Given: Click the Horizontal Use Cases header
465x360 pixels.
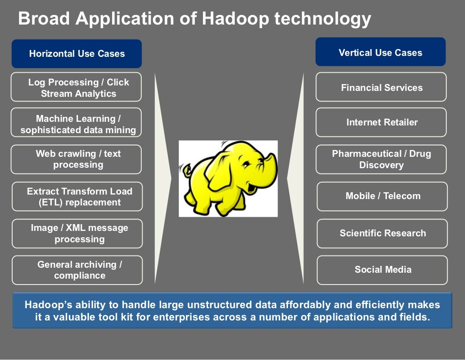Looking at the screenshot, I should [76, 54].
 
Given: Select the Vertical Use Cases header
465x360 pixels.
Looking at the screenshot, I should [380, 53].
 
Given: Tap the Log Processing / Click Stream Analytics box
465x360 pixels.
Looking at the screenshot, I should [76, 87].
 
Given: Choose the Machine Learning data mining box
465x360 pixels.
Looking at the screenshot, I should [76, 124].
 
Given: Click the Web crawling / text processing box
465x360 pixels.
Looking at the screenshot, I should [76, 159].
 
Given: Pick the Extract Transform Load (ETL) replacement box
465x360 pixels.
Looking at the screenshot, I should [77, 196].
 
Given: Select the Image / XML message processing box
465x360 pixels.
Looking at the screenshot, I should [77, 233].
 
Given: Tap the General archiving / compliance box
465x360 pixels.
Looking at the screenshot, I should [77, 270].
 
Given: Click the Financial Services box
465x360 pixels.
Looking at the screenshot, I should [381, 87].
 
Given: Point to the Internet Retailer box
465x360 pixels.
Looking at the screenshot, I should [381, 122].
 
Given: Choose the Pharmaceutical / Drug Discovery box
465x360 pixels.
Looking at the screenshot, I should [381, 159].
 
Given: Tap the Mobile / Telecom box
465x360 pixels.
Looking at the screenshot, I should [382, 196].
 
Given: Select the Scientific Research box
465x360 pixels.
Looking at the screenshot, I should [382, 233].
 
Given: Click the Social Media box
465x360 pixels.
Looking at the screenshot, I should [382, 270].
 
